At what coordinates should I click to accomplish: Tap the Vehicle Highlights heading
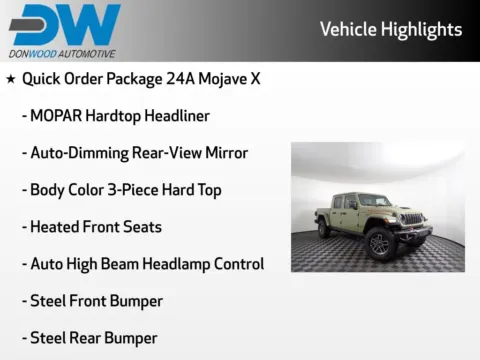[391, 29]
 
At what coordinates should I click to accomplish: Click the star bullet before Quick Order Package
[10, 78]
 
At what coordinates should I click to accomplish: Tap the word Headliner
[177, 115]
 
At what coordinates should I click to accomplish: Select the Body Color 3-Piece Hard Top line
[125, 189]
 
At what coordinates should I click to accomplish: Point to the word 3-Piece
[134, 189]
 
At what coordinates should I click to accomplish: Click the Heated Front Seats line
[95, 226]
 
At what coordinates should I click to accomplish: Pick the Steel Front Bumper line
[96, 301]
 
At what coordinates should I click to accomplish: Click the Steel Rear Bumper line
[93, 338]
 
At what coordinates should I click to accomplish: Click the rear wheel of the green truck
[324, 229]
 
